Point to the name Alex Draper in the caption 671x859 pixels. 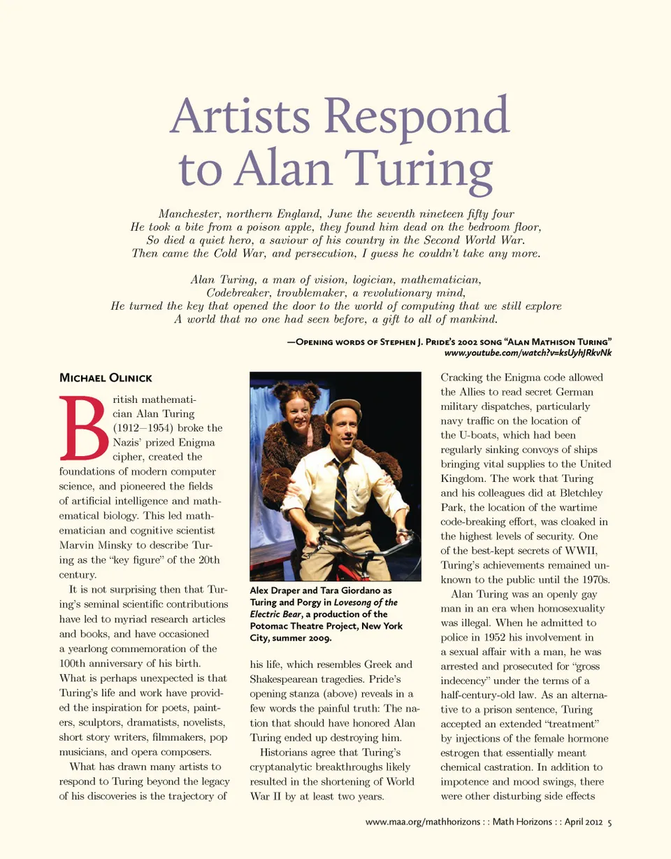[x=273, y=591]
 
